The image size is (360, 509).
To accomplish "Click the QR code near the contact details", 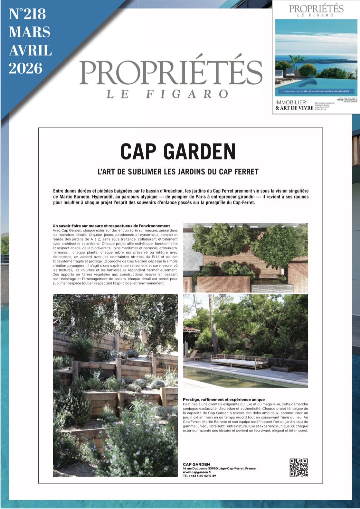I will (298, 467).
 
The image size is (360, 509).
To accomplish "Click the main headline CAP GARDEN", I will (178, 151).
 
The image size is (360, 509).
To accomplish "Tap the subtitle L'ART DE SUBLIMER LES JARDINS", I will (178, 172).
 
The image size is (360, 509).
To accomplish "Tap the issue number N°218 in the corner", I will (28, 14).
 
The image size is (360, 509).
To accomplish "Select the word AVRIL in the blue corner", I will (30, 51).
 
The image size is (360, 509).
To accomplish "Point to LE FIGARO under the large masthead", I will (167, 94).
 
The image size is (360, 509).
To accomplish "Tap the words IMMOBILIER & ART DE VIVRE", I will (294, 105).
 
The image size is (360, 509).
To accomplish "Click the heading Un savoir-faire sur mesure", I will (111, 226).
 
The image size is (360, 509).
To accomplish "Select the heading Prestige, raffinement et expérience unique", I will (223, 399).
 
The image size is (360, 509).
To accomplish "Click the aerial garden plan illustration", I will (245, 257).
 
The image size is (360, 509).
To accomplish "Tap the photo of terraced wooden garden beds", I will (115, 384).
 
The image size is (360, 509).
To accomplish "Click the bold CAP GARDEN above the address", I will (196, 464).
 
